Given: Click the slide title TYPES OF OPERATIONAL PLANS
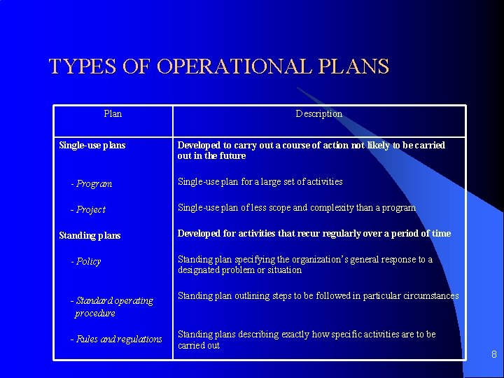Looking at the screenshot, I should (218, 67).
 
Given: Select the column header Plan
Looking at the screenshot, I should (112, 113).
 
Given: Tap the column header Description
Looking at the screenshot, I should (318, 113).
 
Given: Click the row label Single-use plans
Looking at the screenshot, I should (92, 146).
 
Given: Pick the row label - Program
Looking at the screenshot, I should (91, 183).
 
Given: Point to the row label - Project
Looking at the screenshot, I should (88, 209).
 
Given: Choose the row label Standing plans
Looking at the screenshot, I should (90, 235).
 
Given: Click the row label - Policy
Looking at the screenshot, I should (86, 261).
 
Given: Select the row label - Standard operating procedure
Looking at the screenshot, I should (111, 307).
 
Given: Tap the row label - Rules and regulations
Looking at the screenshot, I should (116, 339).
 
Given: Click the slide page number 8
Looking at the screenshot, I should (493, 354).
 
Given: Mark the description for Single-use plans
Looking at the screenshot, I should (311, 150).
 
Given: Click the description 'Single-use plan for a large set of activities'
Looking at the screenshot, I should (260, 182).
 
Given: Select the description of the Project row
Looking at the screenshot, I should (296, 208).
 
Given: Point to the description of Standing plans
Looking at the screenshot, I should (314, 234).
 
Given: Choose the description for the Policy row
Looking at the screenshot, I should (304, 265).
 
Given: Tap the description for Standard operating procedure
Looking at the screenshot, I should (318, 296).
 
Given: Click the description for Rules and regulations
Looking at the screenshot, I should (306, 339).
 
